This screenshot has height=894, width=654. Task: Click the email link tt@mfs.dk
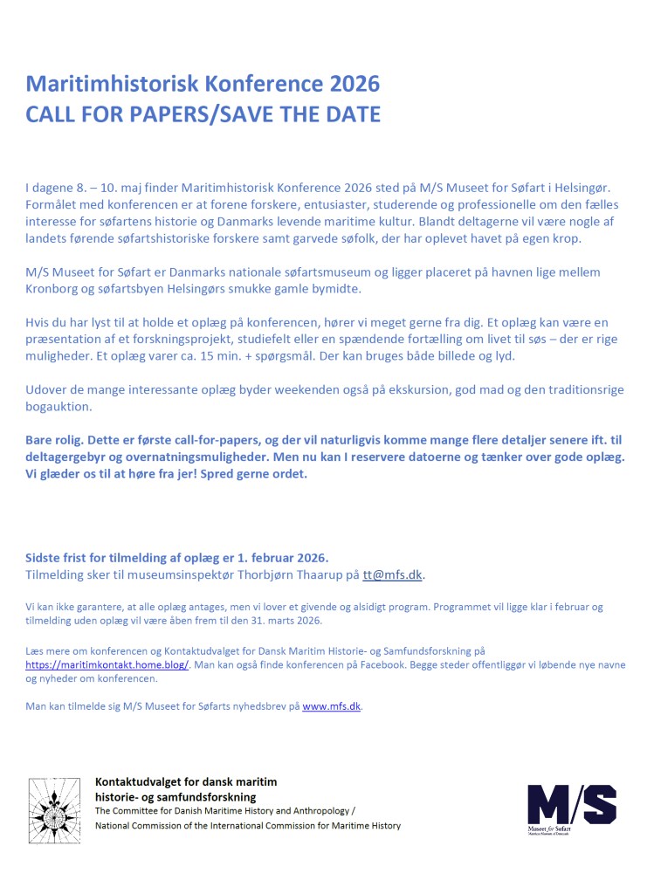393,574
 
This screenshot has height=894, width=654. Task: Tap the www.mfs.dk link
331,706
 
